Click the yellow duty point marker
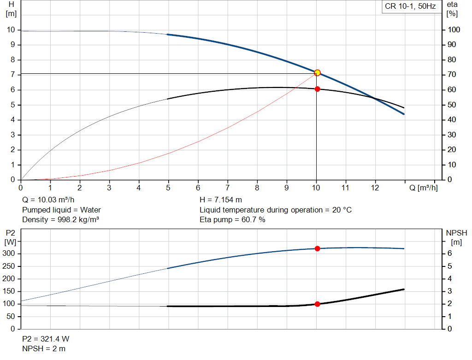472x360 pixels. click(317, 73)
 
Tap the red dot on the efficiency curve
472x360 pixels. click(317, 89)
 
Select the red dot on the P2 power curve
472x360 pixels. click(317, 248)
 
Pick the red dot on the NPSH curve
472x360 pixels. click(317, 304)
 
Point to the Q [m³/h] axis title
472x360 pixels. click(424, 188)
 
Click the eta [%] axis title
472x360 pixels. click(452, 9)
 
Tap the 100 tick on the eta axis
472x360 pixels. click(454, 30)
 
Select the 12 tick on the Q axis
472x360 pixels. click(375, 188)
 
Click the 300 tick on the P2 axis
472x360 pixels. click(8, 254)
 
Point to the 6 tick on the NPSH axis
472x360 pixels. click(449, 254)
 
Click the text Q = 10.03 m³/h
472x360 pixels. click(48, 200)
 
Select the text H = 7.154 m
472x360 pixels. click(221, 200)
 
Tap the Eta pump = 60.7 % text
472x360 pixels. click(232, 220)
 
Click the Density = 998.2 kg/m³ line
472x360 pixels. click(60, 220)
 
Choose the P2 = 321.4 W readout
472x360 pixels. click(46, 339)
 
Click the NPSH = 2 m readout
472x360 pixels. click(44, 349)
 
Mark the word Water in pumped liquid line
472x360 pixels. click(90, 210)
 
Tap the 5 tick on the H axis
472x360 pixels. click(12, 105)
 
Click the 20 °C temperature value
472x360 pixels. click(342, 210)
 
